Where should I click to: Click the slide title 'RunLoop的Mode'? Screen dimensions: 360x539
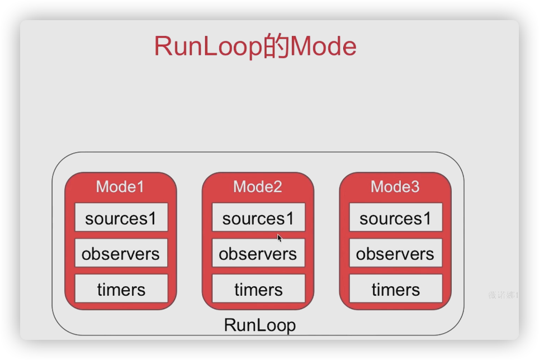tap(255, 47)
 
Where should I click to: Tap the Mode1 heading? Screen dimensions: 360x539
tap(120, 186)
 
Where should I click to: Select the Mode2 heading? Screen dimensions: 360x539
tap(258, 186)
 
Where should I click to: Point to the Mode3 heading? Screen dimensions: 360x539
tap(395, 186)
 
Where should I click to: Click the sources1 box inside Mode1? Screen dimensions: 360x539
tap(121, 218)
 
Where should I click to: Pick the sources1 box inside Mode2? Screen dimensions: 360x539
tap(258, 218)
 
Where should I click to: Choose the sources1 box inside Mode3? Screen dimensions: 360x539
tap(395, 218)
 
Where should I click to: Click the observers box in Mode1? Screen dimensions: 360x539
tap(121, 254)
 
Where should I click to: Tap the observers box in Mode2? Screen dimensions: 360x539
tap(258, 254)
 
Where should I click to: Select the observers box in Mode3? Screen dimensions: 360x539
tap(395, 254)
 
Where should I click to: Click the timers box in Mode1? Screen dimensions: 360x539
tap(121, 289)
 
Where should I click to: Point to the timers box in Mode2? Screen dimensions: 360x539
tap(258, 289)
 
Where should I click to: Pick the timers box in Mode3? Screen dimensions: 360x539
tap(395, 289)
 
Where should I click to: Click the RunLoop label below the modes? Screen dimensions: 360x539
tap(259, 325)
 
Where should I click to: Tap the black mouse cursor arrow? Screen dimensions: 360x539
tap(280, 237)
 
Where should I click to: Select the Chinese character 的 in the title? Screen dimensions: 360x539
tap(276, 47)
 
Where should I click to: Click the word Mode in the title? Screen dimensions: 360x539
tap(323, 47)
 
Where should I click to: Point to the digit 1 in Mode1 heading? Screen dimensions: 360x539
tap(140, 186)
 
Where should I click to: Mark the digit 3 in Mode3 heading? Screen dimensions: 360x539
tap(414, 186)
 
